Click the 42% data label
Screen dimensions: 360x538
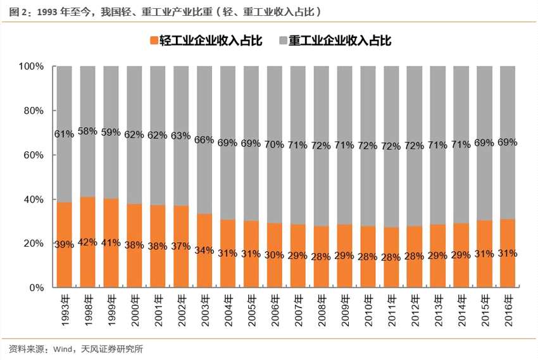click(87, 242)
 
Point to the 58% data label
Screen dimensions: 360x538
click(87, 131)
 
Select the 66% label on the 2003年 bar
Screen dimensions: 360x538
click(204, 139)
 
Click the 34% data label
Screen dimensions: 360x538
click(204, 249)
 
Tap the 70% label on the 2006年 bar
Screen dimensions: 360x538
click(274, 144)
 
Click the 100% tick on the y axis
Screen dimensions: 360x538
click(31, 66)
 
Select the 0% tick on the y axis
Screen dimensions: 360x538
click(36, 288)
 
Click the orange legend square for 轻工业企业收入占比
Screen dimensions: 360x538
click(154, 40)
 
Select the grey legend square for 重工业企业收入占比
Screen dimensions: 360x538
click(282, 40)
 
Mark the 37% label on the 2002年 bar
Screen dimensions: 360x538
click(180, 245)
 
